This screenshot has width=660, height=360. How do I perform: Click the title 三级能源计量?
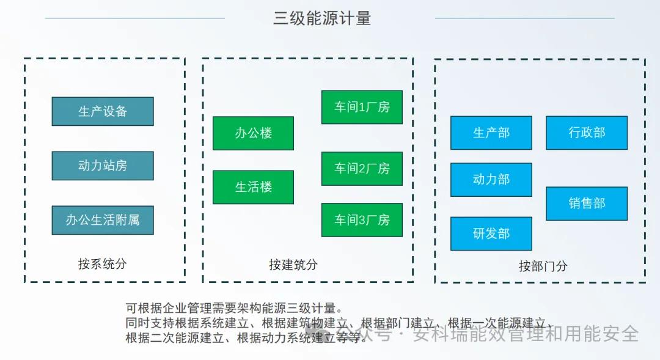click(x=322, y=18)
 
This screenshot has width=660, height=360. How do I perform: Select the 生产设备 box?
click(x=103, y=111)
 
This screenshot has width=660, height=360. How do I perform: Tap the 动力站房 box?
click(x=103, y=166)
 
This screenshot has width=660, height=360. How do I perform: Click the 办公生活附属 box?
click(x=103, y=220)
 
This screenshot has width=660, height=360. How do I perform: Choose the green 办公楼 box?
click(x=254, y=133)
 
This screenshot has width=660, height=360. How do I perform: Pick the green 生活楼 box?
click(x=254, y=187)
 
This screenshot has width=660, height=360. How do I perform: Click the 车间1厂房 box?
click(x=362, y=107)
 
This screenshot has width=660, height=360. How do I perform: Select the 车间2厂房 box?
click(x=362, y=169)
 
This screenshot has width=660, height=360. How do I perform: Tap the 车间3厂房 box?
click(x=362, y=220)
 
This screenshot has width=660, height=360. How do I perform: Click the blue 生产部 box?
click(x=491, y=133)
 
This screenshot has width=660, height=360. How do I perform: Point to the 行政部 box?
click(x=587, y=133)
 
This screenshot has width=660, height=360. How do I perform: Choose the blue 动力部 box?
click(x=491, y=179)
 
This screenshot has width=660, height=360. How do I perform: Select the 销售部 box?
click(x=587, y=204)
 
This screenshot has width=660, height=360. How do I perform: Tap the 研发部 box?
click(x=491, y=233)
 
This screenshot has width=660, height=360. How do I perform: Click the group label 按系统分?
click(x=102, y=264)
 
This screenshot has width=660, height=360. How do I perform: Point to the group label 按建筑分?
click(x=293, y=265)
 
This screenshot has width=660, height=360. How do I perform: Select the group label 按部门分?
click(x=543, y=266)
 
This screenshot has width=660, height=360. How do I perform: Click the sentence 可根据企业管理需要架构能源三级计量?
click(x=235, y=308)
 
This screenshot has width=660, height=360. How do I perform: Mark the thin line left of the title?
click(x=135, y=18)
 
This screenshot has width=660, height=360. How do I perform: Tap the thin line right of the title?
click(x=525, y=18)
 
